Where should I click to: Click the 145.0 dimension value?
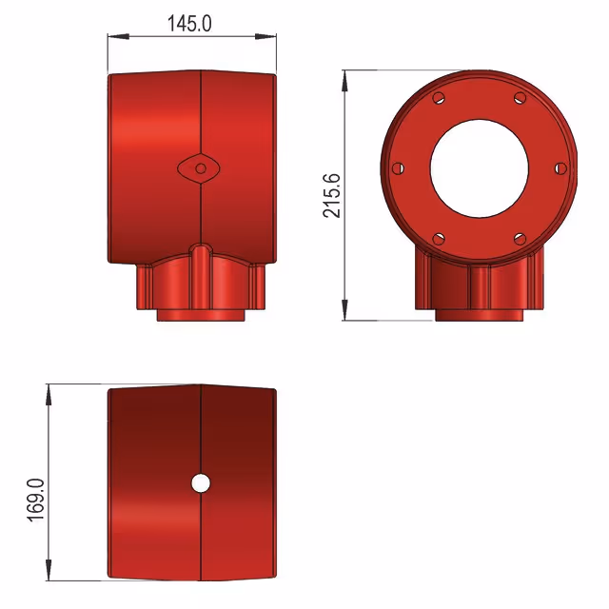tap(189, 24)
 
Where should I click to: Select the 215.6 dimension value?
tap(332, 195)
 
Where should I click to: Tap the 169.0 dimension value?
tap(36, 500)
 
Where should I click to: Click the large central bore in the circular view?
tap(480, 168)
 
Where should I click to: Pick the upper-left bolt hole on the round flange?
tap(439, 97)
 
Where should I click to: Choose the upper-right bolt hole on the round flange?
tap(521, 97)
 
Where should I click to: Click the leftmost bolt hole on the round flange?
tap(398, 168)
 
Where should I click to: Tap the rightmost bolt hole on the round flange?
tap(560, 168)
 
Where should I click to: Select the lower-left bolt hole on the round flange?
tap(439, 239)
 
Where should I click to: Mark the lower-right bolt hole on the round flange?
tap(521, 239)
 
